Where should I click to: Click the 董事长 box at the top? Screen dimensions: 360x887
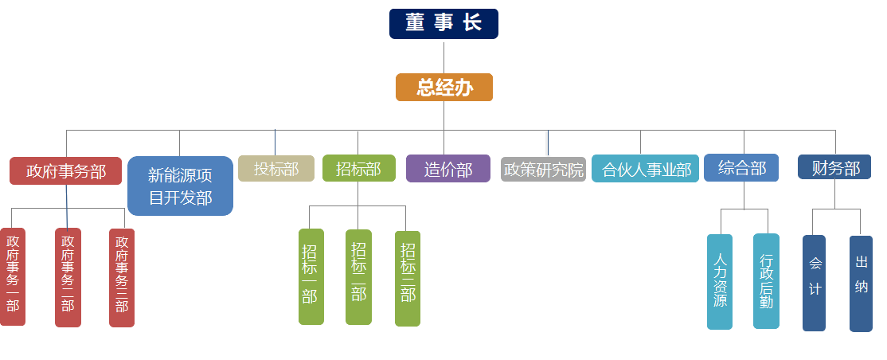point(443,24)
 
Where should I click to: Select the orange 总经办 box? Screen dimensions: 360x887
point(444,87)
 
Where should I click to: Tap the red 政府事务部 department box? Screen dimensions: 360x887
point(65,170)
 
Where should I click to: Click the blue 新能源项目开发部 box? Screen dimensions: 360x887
point(180,186)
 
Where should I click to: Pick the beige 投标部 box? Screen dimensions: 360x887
point(276,168)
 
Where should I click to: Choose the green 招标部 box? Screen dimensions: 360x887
point(358,168)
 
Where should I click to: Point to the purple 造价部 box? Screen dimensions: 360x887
point(447,169)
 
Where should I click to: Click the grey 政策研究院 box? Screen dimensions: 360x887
point(543,170)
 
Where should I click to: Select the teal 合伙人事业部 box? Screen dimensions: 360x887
point(645,169)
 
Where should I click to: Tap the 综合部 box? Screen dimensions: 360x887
point(741,168)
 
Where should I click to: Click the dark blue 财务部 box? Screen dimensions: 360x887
point(834,167)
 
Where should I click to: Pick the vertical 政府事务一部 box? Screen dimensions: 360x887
point(13,277)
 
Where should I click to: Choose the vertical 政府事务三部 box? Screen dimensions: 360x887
point(122,277)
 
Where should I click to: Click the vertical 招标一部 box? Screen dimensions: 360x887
point(311,276)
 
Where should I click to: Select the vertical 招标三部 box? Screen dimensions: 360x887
point(408,278)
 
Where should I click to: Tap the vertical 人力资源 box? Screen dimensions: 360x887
point(720,281)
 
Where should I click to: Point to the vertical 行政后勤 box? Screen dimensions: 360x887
point(766,281)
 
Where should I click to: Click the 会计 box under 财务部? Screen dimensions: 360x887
point(814,282)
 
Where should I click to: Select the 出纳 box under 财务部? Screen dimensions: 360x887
point(861,283)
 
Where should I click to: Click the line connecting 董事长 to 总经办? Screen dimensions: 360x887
point(443,56)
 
